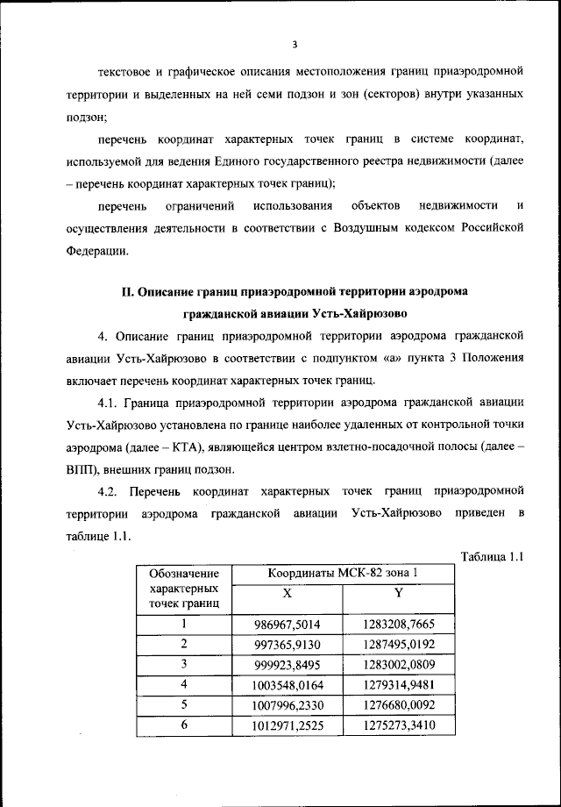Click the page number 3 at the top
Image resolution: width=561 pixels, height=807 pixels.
click(295, 44)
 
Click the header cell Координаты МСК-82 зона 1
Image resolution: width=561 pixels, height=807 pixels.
click(343, 574)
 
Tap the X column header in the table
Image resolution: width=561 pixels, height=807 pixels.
click(287, 594)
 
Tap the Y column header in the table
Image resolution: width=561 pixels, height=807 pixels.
click(398, 594)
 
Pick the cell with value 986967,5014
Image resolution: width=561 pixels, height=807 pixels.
click(287, 625)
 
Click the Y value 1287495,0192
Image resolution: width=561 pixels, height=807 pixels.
click(398, 645)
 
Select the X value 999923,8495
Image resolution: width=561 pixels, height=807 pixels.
click(287, 665)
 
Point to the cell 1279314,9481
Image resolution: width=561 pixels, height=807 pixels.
click(398, 685)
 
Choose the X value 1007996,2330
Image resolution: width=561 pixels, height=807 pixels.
click(287, 705)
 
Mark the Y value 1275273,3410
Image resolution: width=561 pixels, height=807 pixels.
click(398, 725)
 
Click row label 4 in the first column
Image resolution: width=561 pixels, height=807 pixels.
click(184, 685)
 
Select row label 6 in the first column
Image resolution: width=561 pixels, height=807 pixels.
click(184, 725)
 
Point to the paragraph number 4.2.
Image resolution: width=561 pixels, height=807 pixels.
click(110, 489)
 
